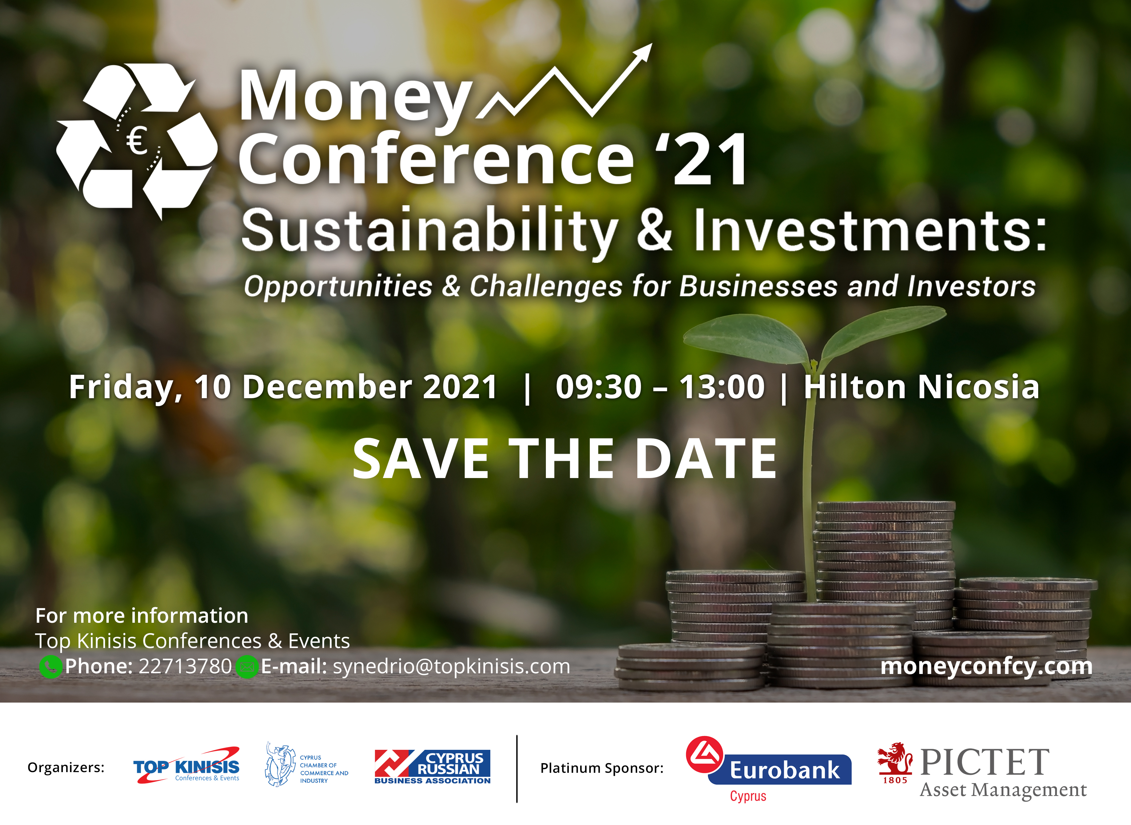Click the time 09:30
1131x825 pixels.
(x=598, y=388)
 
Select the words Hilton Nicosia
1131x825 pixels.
(x=922, y=388)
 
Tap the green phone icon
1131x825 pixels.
(x=51, y=667)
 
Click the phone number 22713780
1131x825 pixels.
(x=185, y=667)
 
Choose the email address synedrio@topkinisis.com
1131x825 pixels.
(x=451, y=667)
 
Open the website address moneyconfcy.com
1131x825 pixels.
(x=986, y=667)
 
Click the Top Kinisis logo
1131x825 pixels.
(x=186, y=765)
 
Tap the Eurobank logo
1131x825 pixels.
(x=768, y=769)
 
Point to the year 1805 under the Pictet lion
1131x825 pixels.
(x=895, y=780)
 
